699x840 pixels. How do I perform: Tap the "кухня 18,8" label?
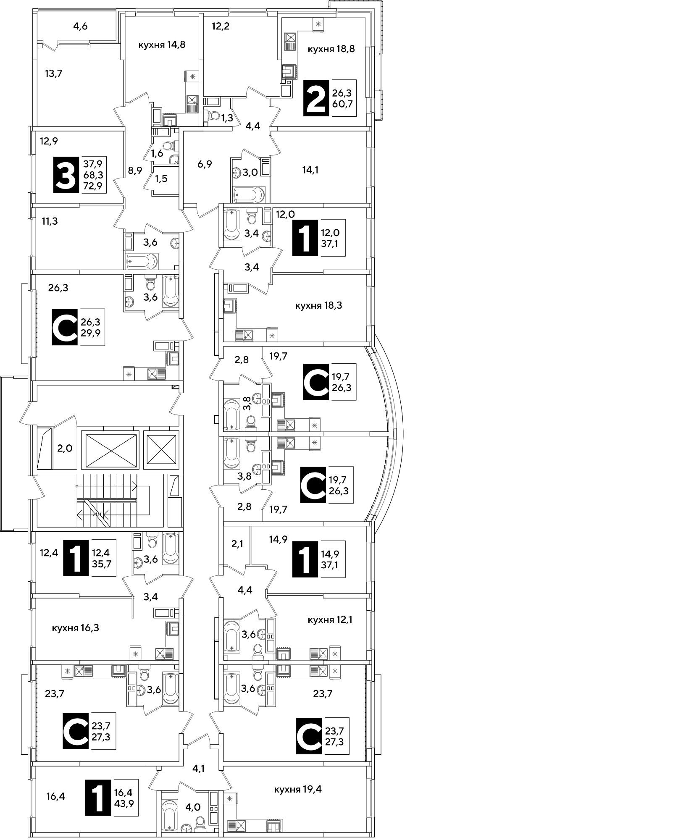pos(331,49)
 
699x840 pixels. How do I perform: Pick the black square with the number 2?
pos(316,98)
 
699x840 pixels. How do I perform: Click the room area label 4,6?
pos(80,26)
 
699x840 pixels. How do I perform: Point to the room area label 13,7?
pos(53,74)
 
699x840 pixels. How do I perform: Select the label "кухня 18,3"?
pos(318,306)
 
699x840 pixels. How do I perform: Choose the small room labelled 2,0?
pos(65,449)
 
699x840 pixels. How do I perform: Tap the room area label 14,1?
pos(310,170)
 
